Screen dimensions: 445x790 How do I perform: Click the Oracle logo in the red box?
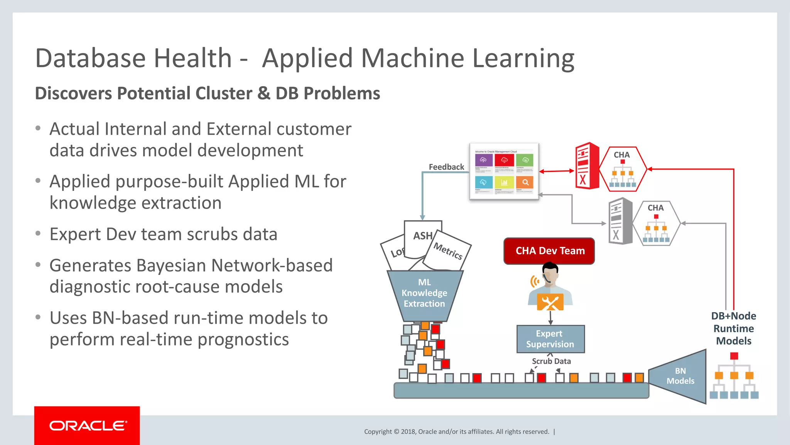tap(88, 425)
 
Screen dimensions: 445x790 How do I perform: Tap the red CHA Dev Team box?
tap(549, 251)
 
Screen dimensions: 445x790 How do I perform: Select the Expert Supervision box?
tap(550, 339)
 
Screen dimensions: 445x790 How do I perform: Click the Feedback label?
tap(446, 167)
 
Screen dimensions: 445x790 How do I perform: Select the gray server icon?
tap(620, 221)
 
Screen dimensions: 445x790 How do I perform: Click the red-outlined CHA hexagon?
tap(623, 169)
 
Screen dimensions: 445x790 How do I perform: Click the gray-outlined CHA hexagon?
tap(656, 223)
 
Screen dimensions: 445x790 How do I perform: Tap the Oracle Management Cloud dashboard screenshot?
tap(504, 171)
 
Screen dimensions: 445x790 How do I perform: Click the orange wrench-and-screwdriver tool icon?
tap(550, 302)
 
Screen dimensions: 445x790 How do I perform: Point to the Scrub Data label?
tap(551, 361)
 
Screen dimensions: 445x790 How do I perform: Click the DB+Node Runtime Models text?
tap(733, 328)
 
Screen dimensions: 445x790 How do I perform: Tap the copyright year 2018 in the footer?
tap(408, 431)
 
